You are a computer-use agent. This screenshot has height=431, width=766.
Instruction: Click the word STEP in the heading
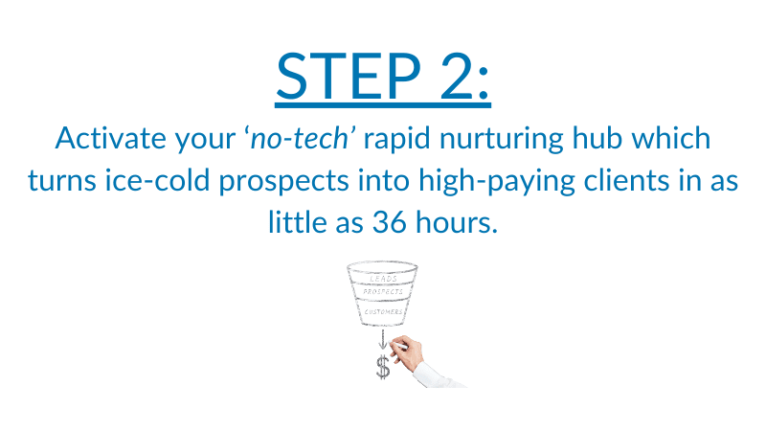coord(349,77)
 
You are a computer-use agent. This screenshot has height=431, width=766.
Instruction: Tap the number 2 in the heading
coord(457,77)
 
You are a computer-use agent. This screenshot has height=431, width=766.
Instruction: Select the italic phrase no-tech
coord(300,138)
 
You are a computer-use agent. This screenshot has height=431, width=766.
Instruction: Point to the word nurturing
coord(502,139)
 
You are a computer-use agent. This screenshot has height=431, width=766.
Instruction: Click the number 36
coord(390,223)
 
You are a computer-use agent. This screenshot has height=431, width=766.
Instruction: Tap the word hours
coord(457,222)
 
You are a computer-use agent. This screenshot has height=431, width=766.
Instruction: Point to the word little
coord(297,222)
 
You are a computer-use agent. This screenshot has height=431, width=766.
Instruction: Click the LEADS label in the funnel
coord(384,279)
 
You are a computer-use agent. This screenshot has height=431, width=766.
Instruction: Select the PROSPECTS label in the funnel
coord(383,292)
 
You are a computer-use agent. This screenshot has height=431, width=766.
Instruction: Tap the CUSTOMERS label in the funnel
coord(384,312)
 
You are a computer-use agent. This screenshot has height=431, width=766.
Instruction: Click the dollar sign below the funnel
coord(383,368)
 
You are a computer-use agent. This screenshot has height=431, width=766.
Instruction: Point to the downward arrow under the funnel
coord(383,340)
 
